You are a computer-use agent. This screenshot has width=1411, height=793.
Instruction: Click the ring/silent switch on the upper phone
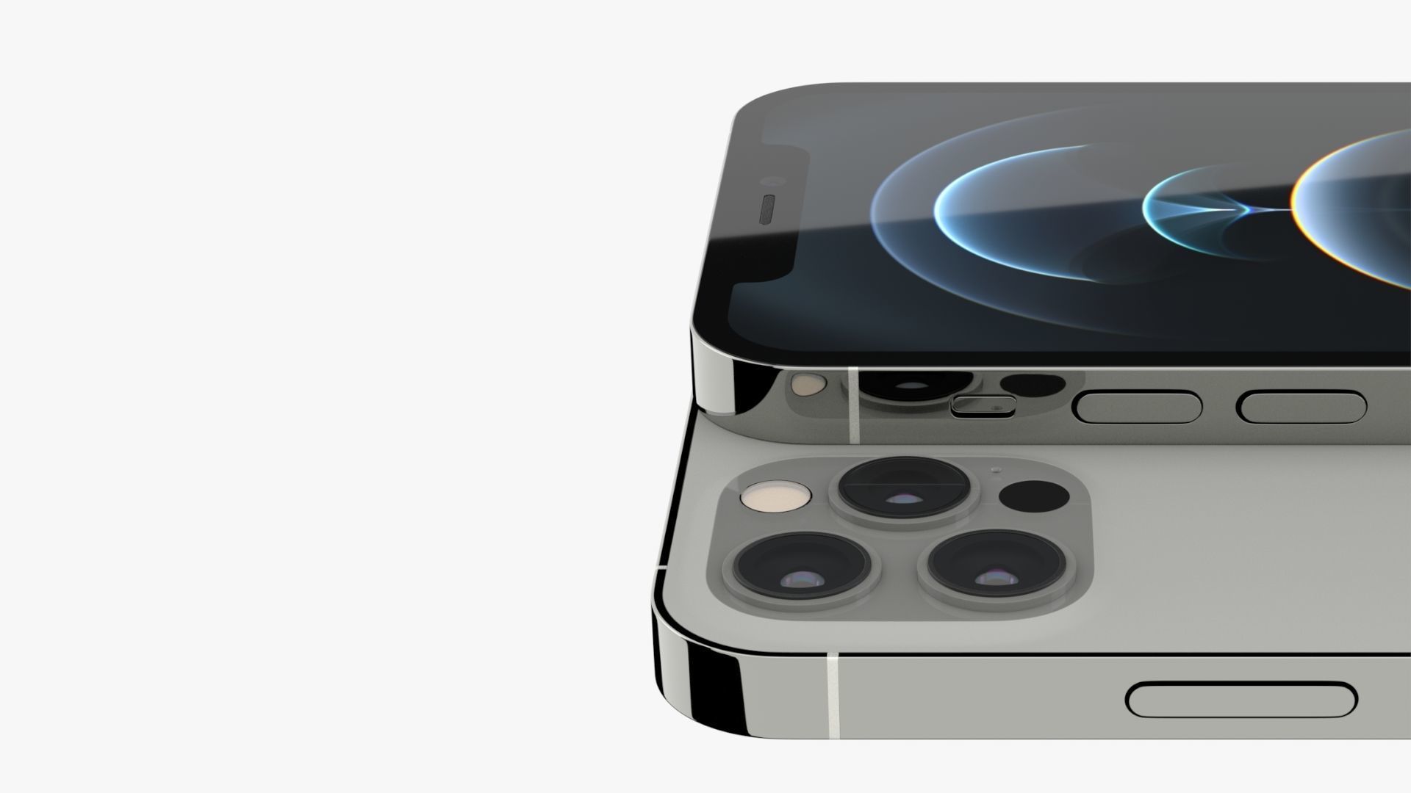tap(983, 405)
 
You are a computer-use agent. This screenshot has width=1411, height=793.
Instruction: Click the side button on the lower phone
tap(1241, 700)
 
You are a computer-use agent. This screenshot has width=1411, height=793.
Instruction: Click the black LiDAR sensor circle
tap(1034, 496)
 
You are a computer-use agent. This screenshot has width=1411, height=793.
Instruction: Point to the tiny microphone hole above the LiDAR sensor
tap(996, 470)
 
